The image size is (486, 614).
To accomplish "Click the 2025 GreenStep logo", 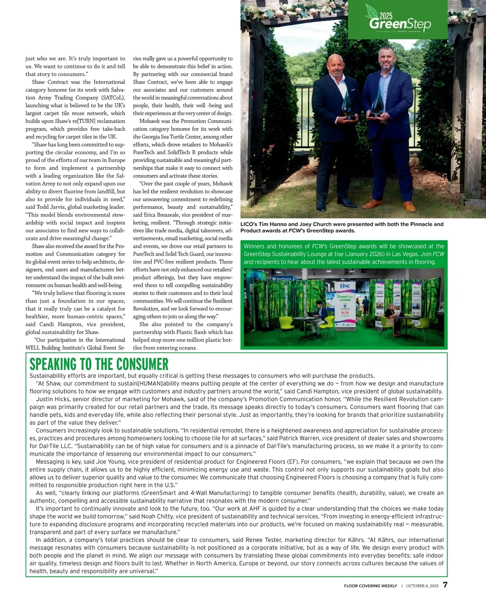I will pos(400,21).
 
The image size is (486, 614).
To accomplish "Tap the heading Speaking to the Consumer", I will pos(99,364).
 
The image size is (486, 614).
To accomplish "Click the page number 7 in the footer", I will pos(445,585).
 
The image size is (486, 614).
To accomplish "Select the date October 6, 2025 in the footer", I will pos(422,586).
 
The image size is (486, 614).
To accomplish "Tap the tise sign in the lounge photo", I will pos(345,286).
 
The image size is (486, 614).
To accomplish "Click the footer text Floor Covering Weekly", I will pos(370,586).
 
